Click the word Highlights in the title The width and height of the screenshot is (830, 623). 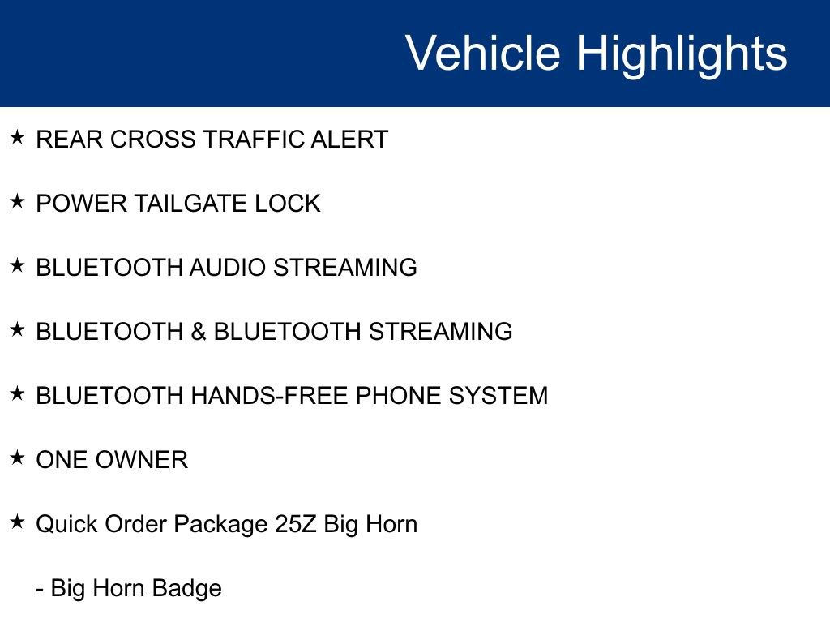(682, 54)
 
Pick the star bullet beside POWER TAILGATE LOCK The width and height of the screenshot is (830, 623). (18, 201)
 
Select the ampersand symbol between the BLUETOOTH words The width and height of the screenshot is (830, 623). (199, 332)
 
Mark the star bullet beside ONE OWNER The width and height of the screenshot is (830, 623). (18, 458)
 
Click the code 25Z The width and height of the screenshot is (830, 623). (295, 524)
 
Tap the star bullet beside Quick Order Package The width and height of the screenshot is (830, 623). (18, 522)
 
